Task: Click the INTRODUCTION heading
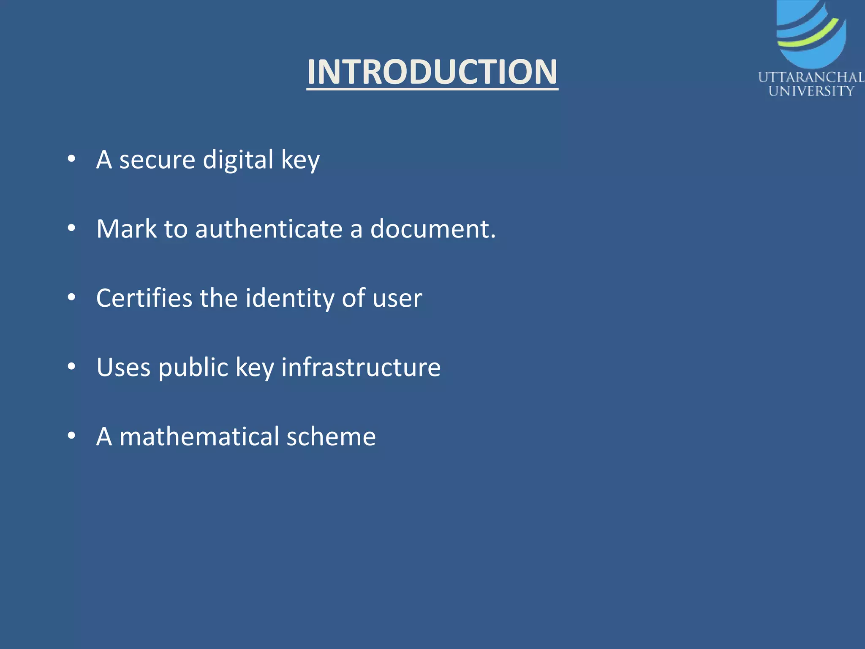(432, 72)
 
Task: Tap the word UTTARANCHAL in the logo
(811, 78)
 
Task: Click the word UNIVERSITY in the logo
(811, 91)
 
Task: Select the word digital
(238, 160)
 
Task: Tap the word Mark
(126, 229)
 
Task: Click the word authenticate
(269, 229)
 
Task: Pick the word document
(433, 229)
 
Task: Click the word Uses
(123, 367)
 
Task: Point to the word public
(193, 367)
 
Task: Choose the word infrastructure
(361, 367)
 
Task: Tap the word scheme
(331, 436)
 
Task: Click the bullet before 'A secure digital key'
(71, 159)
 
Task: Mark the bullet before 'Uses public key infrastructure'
(71, 366)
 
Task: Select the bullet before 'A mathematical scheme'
(71, 436)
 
